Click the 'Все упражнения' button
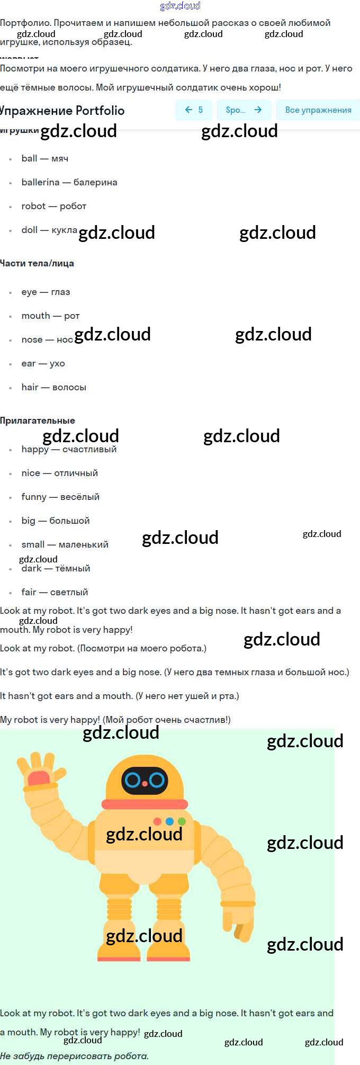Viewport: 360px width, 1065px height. (318, 110)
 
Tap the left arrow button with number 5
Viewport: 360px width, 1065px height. (194, 110)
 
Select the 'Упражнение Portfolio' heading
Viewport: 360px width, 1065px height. (62, 111)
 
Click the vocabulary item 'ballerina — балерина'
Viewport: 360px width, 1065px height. (69, 182)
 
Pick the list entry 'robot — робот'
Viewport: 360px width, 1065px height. (54, 206)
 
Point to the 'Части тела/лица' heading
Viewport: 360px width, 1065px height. (37, 263)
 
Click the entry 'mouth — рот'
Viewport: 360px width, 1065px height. (50, 316)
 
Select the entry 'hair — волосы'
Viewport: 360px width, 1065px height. (53, 387)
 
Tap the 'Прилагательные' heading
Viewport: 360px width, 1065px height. (38, 420)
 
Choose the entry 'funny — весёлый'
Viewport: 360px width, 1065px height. (60, 497)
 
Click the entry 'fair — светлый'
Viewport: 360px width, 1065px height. (55, 592)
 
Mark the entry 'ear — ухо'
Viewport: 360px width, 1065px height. (43, 363)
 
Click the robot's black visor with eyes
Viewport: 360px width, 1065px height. (145, 780)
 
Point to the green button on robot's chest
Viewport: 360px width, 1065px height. (182, 821)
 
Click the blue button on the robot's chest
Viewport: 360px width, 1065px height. (169, 821)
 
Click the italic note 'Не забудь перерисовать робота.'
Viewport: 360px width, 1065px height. (74, 1056)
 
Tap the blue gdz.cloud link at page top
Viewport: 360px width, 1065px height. (180, 6)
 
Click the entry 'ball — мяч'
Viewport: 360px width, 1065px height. (45, 158)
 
